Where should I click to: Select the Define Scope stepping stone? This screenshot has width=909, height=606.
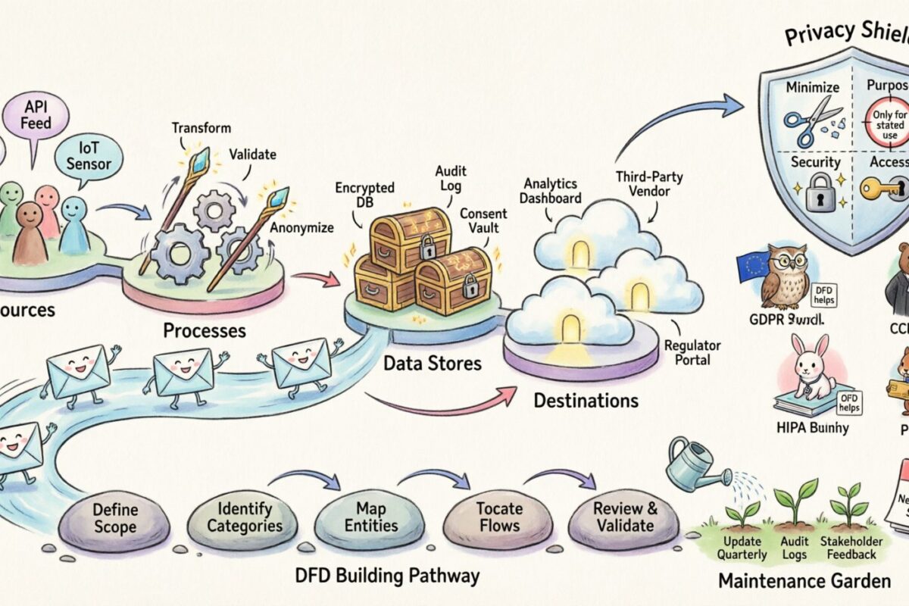[x=115, y=517]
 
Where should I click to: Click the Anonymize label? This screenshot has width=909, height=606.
[x=301, y=226]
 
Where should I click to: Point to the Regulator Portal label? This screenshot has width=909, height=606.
[x=692, y=352]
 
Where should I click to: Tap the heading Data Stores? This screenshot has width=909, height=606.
[x=432, y=363]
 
